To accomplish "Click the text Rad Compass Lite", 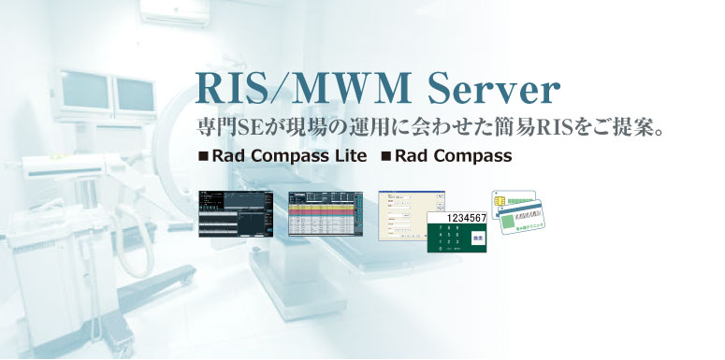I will [x=290, y=156].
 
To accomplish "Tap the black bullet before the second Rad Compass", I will [x=385, y=157].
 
